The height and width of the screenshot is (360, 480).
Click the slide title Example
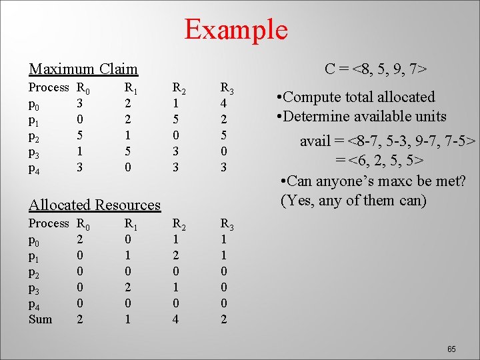[235, 29]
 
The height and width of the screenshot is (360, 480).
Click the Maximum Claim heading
[83, 69]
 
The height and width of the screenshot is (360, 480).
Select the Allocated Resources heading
[95, 205]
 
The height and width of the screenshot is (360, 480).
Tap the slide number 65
[451, 349]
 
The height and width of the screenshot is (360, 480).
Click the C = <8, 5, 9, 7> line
[375, 69]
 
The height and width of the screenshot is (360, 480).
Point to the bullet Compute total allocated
[355, 97]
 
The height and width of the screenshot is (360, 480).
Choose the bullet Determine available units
[361, 117]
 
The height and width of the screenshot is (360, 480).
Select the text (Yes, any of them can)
[353, 200]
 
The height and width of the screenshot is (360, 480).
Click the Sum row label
[40, 319]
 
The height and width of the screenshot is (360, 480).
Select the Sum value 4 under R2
[175, 319]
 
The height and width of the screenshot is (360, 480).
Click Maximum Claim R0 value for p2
[80, 136]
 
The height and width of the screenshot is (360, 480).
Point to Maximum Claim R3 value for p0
[224, 104]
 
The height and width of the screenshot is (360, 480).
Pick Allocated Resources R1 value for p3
[128, 287]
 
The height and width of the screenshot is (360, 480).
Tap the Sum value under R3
[224, 319]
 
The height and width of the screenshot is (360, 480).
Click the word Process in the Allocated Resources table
[48, 223]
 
